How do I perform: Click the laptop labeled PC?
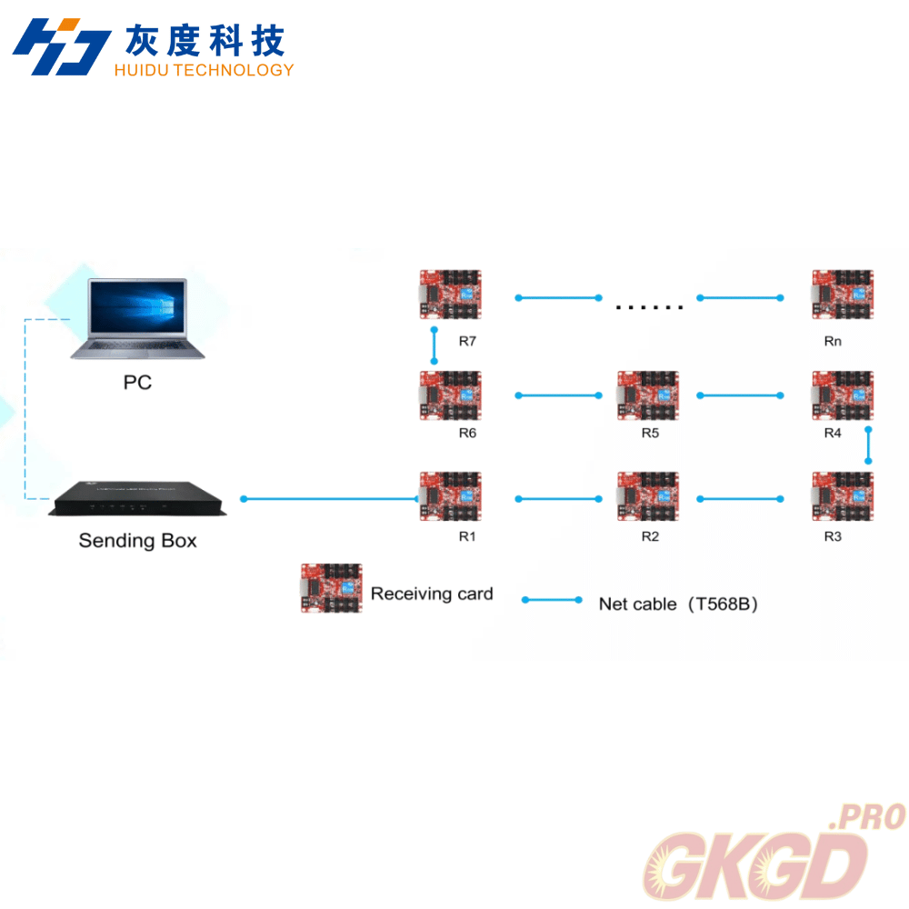137,319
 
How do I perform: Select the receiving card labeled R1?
450,496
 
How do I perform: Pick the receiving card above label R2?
647,496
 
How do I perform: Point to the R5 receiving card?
647,395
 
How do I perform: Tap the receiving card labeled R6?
450,395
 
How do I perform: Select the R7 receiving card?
450,295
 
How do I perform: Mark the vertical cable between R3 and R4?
869,446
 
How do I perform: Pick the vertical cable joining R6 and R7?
435,345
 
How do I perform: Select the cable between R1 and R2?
558,498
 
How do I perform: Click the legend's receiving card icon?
332,588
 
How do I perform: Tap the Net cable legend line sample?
552,600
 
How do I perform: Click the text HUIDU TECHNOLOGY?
204,70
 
